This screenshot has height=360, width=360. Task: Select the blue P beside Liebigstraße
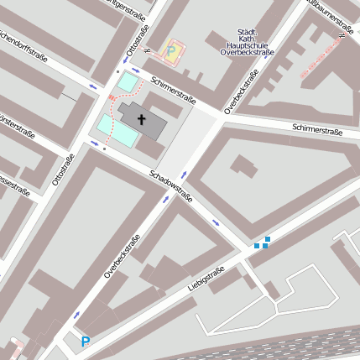[x=85, y=342]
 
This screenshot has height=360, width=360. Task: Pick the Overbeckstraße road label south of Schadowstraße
[x=123, y=257]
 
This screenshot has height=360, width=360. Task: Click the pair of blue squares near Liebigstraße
[x=263, y=243]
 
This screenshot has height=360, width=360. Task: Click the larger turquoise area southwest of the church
[x=117, y=130]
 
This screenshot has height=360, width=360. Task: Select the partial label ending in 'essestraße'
[x=14, y=185]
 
